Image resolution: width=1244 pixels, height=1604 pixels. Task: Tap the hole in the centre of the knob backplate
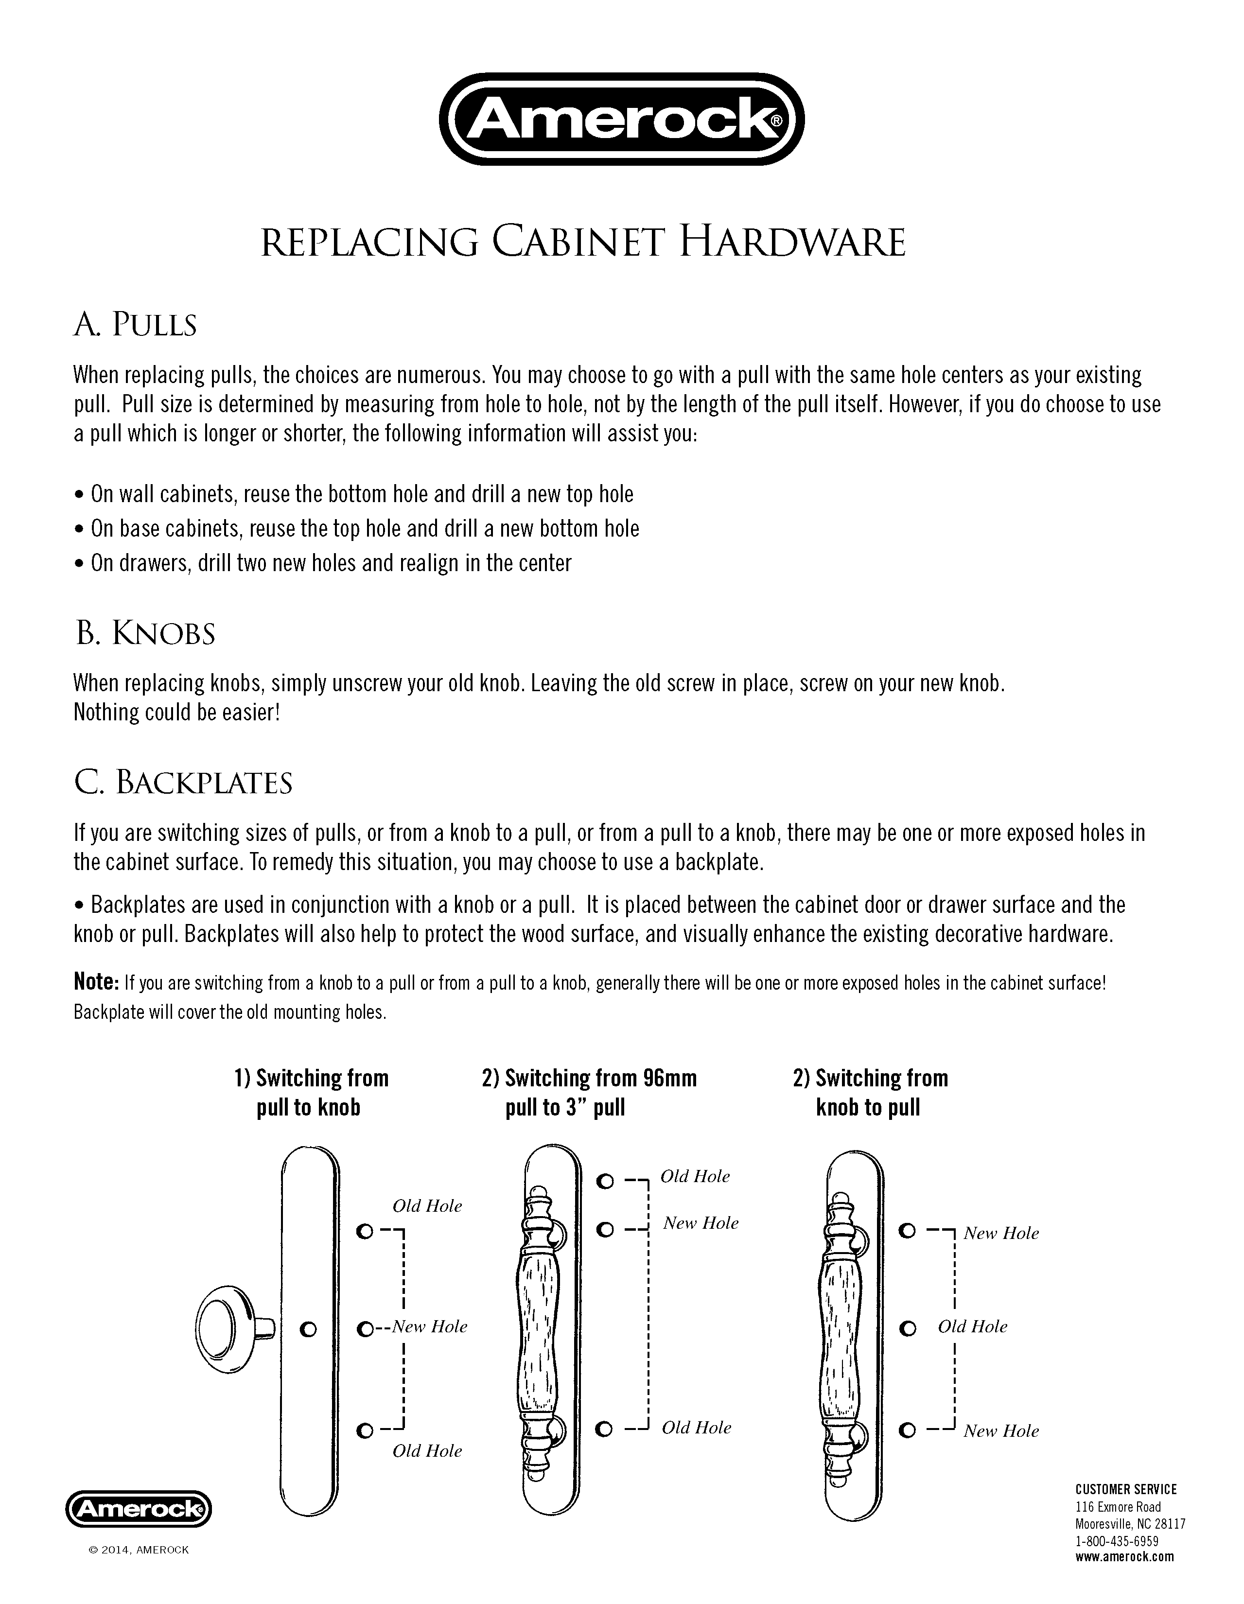click(x=308, y=1328)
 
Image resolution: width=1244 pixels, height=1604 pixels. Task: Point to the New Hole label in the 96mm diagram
click(x=701, y=1223)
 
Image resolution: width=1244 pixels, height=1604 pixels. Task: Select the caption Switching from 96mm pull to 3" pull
click(x=589, y=1093)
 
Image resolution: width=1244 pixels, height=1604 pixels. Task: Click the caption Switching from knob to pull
click(x=870, y=1093)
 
